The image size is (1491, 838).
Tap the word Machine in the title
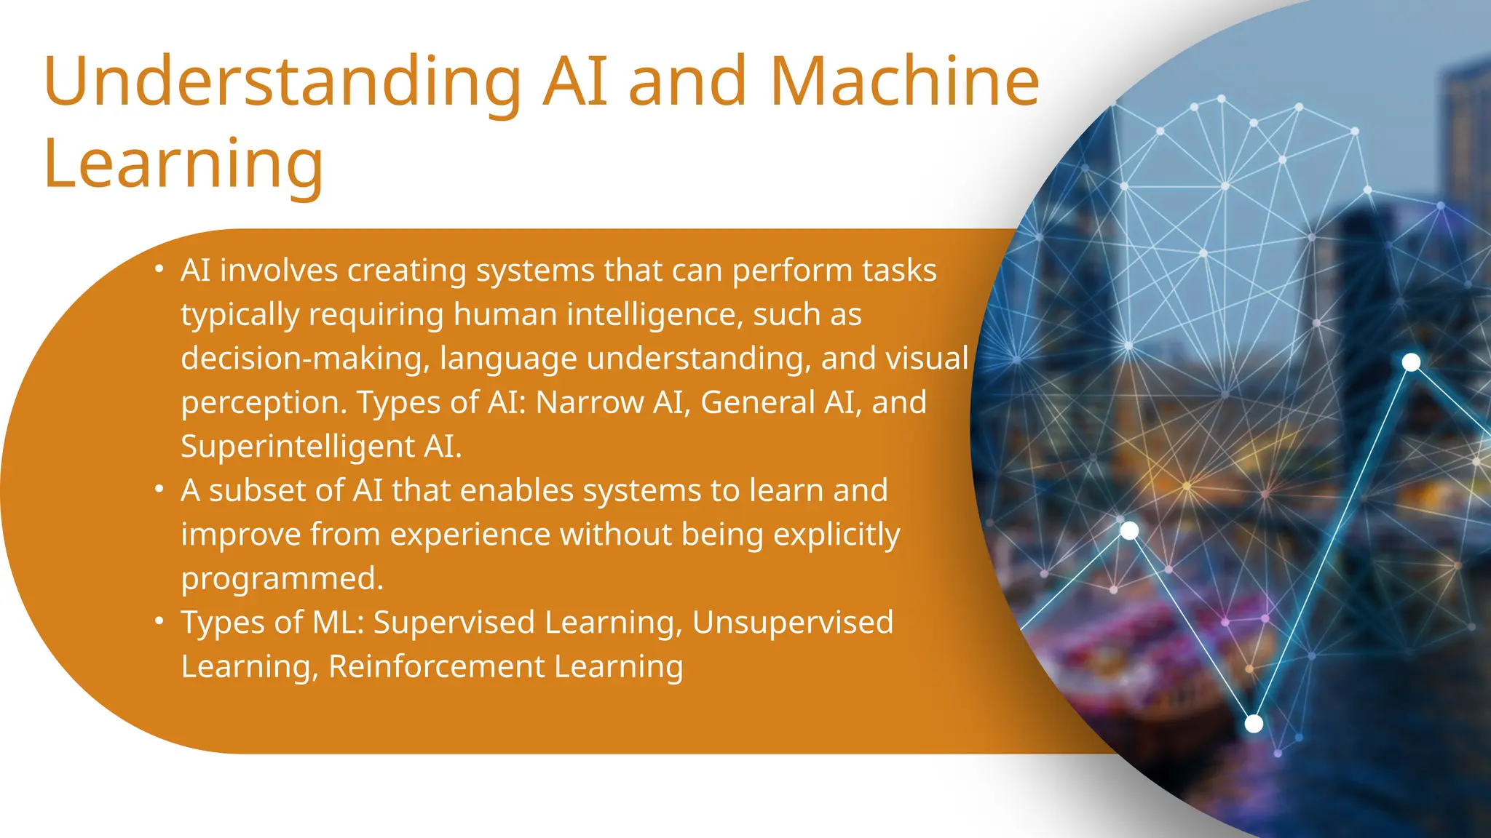point(904,81)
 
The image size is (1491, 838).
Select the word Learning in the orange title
point(183,164)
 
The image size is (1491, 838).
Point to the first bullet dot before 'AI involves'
point(159,269)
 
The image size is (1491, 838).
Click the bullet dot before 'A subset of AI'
point(159,490)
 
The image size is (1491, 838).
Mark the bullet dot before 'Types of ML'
point(159,621)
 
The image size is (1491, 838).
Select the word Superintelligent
point(297,446)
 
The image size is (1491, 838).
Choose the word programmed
point(282,579)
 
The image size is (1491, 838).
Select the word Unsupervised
point(792,623)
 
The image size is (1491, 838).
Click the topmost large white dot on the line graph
point(1411,362)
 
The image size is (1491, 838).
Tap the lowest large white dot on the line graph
point(1254,724)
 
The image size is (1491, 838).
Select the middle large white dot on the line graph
point(1129,530)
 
